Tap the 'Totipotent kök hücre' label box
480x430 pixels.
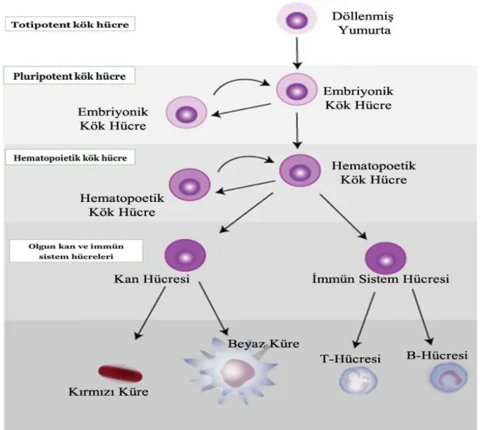point(70,25)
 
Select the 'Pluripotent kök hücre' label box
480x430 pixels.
point(69,76)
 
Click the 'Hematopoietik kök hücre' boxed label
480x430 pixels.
point(70,158)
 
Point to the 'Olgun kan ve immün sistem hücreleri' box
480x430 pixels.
point(76,251)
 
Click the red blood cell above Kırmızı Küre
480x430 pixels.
point(120,373)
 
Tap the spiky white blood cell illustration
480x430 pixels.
point(231,371)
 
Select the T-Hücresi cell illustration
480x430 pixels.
point(358,380)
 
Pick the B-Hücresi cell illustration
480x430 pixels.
point(448,376)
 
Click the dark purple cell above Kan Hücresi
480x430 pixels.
point(185,255)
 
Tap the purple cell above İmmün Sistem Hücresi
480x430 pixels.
point(385,258)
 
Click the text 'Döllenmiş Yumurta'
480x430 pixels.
point(363,23)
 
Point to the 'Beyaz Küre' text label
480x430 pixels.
point(263,344)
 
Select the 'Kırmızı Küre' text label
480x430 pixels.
point(109,392)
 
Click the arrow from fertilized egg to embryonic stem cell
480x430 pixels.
point(297,53)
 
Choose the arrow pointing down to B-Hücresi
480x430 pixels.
point(423,317)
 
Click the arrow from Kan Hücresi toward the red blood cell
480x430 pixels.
point(150,313)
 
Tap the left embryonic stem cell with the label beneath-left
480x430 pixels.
point(186,113)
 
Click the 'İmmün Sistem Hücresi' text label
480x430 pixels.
point(381,279)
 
